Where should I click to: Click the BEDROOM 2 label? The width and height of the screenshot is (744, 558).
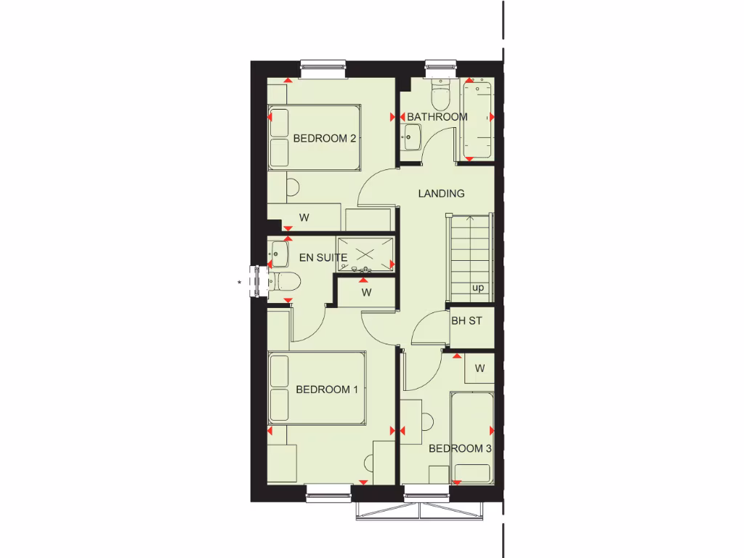[324, 138]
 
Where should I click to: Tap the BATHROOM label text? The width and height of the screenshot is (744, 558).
[437, 116]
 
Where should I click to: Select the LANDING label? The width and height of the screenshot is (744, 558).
[441, 193]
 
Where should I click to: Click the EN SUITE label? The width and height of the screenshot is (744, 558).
[323, 257]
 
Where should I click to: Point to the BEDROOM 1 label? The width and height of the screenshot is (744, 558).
[327, 389]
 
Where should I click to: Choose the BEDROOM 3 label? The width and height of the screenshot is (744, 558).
[460, 448]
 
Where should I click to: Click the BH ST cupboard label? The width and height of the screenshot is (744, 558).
[466, 320]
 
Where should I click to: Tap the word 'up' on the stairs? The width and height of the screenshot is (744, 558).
[478, 288]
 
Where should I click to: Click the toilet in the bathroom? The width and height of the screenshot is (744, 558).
[440, 92]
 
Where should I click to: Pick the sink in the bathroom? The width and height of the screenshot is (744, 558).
[412, 134]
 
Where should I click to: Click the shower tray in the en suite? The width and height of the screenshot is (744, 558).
[365, 254]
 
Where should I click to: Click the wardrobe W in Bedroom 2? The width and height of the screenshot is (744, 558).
[304, 217]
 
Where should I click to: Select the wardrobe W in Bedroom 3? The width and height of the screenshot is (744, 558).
[480, 368]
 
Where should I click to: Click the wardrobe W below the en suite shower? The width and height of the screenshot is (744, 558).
[367, 293]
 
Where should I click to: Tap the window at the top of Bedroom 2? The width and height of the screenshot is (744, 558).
[325, 68]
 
